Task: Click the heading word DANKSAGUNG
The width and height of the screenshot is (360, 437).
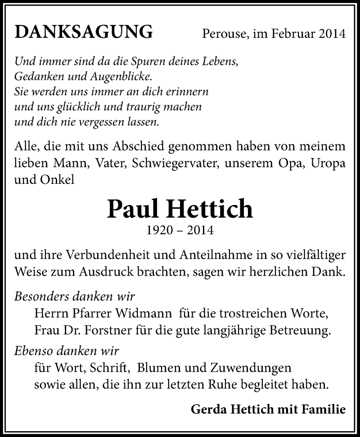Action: [x=83, y=32]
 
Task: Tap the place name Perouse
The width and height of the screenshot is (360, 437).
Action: [x=222, y=34]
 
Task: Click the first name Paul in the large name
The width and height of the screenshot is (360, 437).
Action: [x=134, y=209]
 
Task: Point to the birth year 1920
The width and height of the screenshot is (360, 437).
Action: [x=160, y=231]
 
